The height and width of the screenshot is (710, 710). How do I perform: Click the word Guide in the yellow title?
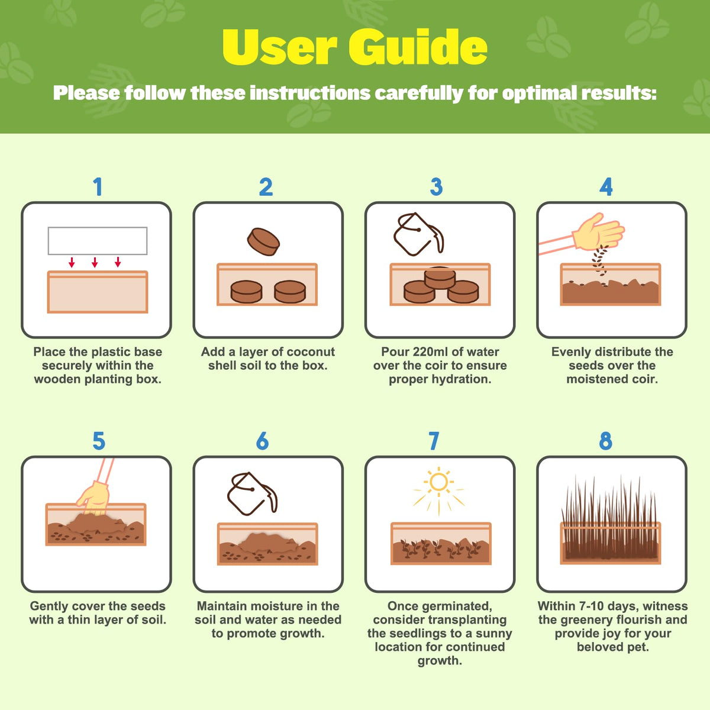pyautogui.click(x=418, y=47)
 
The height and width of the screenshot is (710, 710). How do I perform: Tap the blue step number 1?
pyautogui.click(x=98, y=187)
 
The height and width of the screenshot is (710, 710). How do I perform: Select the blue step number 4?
pyautogui.click(x=606, y=187)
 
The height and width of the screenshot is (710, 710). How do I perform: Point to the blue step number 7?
pyautogui.click(x=434, y=441)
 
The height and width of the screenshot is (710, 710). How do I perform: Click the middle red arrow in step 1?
pyautogui.click(x=95, y=262)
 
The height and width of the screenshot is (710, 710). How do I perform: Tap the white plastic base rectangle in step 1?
pyautogui.click(x=98, y=241)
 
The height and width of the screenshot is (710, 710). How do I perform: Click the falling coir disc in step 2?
pyautogui.click(x=263, y=242)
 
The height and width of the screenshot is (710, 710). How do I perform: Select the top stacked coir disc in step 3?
pyautogui.click(x=440, y=278)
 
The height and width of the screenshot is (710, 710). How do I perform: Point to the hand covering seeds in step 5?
pyautogui.click(x=94, y=498)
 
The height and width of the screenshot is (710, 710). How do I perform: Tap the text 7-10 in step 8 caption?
pyautogui.click(x=586, y=606)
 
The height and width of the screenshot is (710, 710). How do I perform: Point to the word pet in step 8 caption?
pyautogui.click(x=638, y=647)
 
